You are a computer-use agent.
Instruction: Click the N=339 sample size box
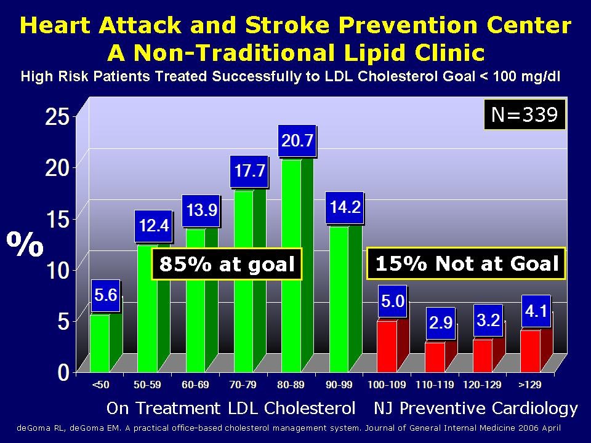[x=523, y=115]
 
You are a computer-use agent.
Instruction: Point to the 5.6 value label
[x=105, y=296]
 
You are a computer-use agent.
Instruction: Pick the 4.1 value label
[x=535, y=312]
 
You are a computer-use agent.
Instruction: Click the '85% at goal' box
[x=227, y=265]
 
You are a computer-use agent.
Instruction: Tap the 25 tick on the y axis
[x=58, y=116]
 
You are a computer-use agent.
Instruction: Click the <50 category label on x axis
[x=100, y=385]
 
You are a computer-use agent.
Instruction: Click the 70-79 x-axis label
[x=243, y=385]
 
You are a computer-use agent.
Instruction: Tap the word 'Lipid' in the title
[x=366, y=52]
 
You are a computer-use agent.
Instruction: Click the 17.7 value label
[x=249, y=172]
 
